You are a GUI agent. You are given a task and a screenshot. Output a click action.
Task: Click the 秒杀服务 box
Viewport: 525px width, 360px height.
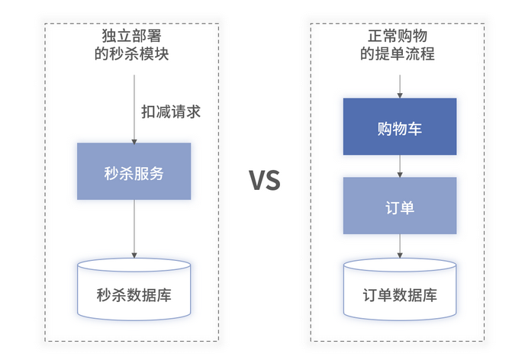pyautogui.click(x=134, y=172)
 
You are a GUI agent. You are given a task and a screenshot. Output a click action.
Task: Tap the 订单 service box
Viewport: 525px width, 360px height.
pyautogui.click(x=400, y=206)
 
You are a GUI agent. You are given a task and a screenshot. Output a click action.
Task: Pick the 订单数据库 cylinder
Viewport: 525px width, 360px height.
pyautogui.click(x=400, y=290)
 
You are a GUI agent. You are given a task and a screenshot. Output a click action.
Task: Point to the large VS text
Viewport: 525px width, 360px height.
pyautogui.click(x=265, y=181)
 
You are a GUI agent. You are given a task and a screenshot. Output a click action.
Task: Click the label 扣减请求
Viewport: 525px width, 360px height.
pyautogui.click(x=171, y=111)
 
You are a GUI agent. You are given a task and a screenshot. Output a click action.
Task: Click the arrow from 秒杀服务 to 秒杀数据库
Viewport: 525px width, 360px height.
pyautogui.click(x=134, y=229)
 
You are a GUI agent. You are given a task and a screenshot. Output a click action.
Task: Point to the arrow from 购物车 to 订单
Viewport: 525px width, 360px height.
pyautogui.click(x=400, y=166)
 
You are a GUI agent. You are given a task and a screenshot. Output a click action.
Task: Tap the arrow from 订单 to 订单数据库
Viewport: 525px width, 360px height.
pyautogui.click(x=400, y=246)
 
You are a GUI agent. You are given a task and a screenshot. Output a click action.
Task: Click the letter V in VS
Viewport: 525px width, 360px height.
pyautogui.click(x=256, y=181)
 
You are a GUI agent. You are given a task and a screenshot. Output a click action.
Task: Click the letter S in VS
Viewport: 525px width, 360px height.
pyautogui.click(x=274, y=181)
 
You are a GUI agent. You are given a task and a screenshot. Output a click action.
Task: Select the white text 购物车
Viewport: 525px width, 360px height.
pyautogui.click(x=400, y=127)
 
